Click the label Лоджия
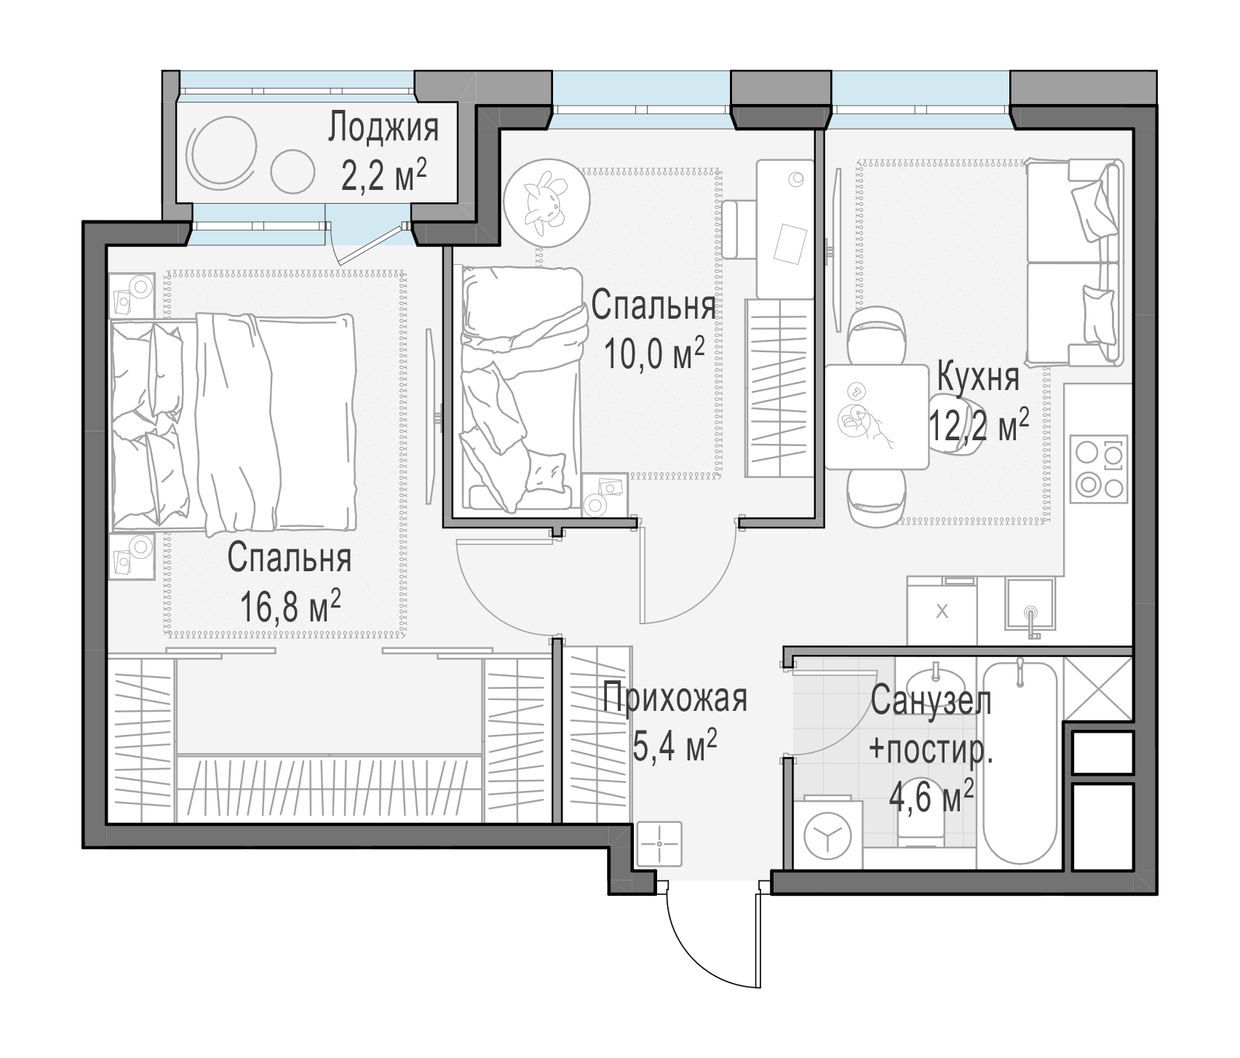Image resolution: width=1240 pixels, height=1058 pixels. click(383, 130)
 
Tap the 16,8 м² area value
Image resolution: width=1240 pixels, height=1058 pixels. click(290, 607)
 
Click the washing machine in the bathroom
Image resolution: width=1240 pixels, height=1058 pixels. click(828, 834)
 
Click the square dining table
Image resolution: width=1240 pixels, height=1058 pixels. click(877, 417)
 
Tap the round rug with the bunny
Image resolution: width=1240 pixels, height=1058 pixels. click(546, 199)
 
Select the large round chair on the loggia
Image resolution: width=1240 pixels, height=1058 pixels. click(222, 151)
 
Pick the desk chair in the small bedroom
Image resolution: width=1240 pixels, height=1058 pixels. click(740, 229)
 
